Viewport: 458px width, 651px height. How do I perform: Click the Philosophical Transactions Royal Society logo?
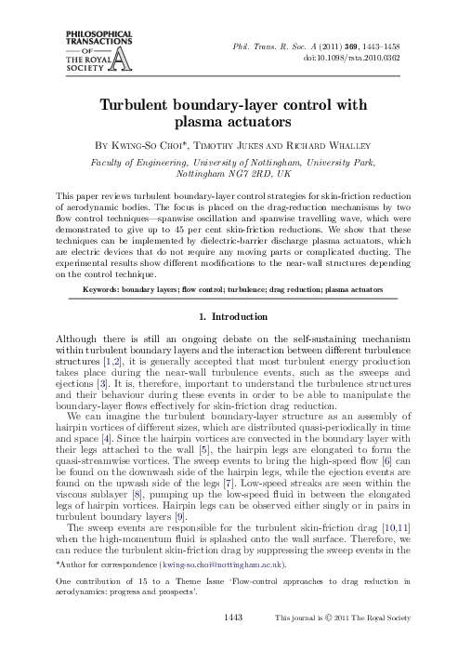(65, 55)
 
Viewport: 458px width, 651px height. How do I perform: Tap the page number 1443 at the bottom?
(229, 641)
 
